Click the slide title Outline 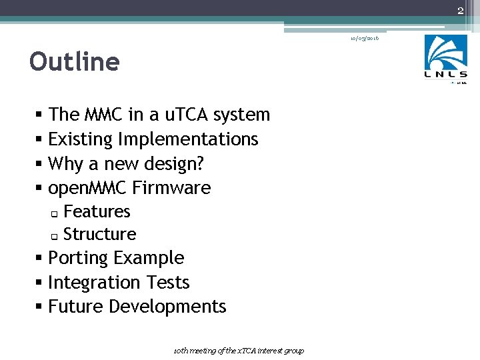(74, 62)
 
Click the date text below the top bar (365, 39)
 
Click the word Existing (81, 139)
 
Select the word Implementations (188, 139)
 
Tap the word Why (65, 163)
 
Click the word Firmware (171, 188)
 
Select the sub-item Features (97, 211)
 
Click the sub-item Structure (99, 234)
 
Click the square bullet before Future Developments (41, 307)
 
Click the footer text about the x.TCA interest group (239, 351)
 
